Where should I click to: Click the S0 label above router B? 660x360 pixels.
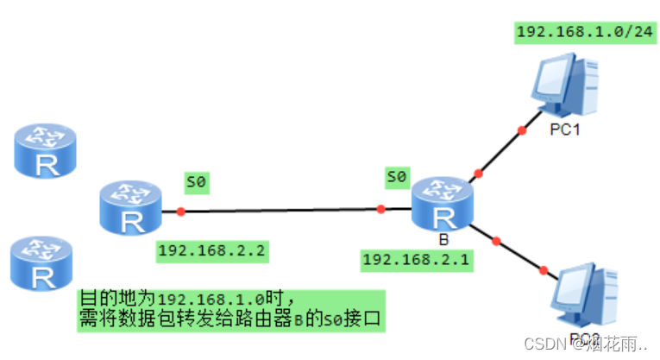[396, 178]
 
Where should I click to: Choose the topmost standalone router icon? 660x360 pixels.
[46, 150]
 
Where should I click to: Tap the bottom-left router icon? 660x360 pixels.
[41, 264]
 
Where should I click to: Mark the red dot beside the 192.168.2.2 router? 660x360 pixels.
[179, 212]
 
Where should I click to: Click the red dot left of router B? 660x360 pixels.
[380, 209]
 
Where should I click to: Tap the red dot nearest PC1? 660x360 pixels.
[521, 130]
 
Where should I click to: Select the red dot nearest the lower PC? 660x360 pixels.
[543, 270]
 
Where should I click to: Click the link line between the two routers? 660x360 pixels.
[280, 210]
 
